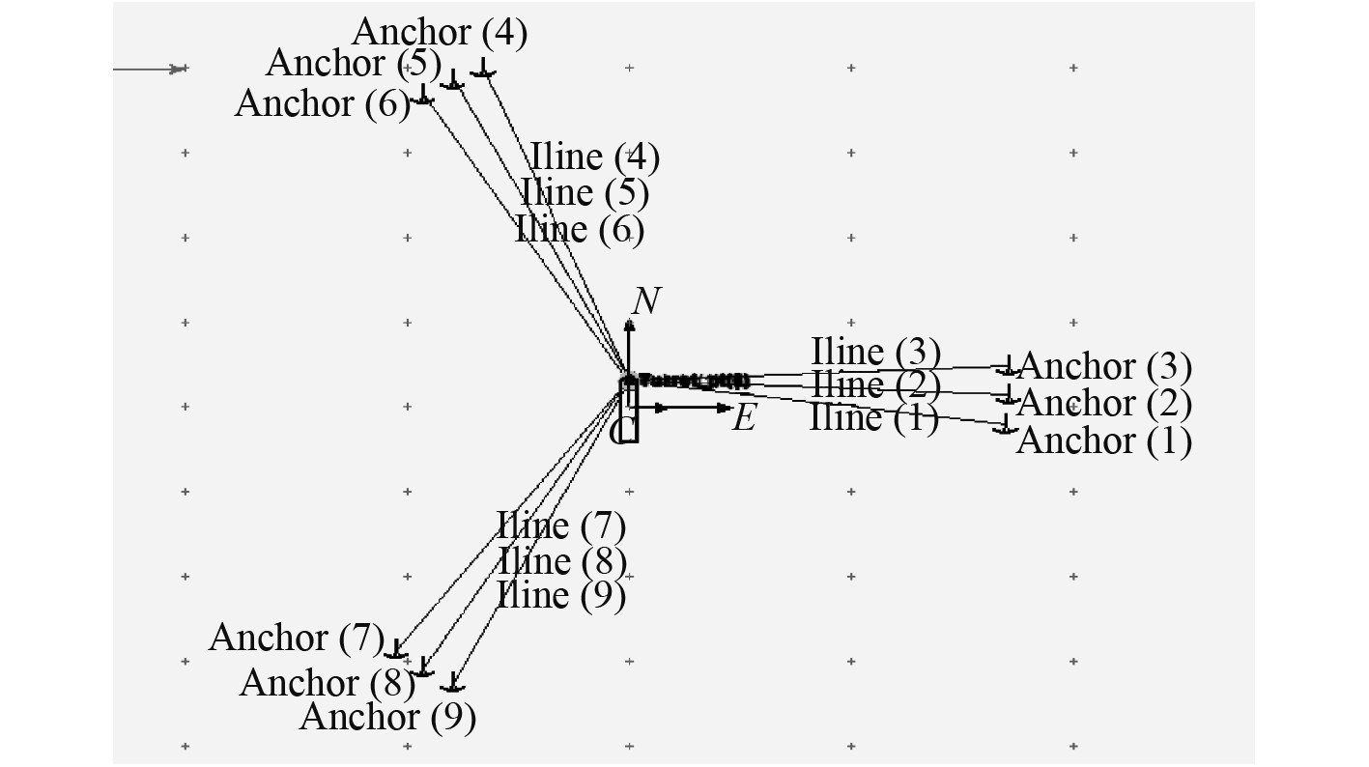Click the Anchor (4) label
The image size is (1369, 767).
tap(439, 32)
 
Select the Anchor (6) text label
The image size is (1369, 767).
tap(322, 102)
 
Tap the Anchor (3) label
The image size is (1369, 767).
tap(1105, 367)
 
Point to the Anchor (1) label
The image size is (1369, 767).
tap(1103, 440)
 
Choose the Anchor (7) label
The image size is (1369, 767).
tap(296, 638)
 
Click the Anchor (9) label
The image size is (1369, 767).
tap(387, 717)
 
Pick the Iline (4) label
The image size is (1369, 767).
tap(594, 156)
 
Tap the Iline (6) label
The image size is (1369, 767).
tap(580, 230)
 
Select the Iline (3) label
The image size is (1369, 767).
tap(875, 353)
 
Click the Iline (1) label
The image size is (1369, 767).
tap(873, 417)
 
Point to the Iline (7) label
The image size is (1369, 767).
tap(561, 526)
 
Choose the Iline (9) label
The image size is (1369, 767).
tap(561, 595)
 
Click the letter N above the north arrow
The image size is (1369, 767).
tap(645, 301)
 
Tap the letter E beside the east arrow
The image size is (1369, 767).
tap(743, 418)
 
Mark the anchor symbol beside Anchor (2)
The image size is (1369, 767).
tap(1008, 396)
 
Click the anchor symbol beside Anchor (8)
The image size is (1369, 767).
tap(422, 668)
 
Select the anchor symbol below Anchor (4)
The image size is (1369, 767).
tap(483, 70)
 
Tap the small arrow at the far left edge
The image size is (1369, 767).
tap(177, 69)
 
